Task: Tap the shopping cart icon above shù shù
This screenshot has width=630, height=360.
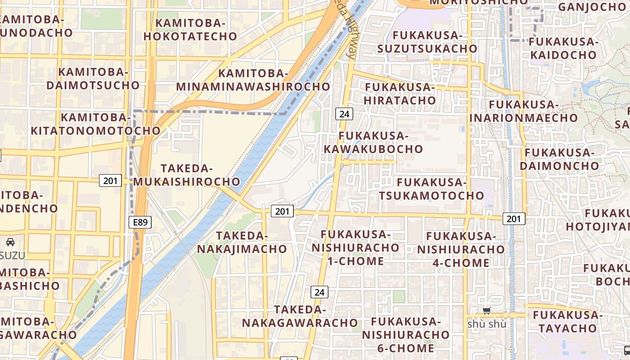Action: coord(486,310)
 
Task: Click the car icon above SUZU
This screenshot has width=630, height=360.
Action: coord(10,242)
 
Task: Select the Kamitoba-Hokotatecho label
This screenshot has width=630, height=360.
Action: coord(190,30)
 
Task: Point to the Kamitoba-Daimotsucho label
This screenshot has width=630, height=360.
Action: coord(93,78)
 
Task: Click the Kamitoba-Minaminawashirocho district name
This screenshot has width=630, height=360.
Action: coord(253,80)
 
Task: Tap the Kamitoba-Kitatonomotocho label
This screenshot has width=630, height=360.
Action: coord(95,124)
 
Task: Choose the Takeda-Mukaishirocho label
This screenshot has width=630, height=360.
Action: coord(187,175)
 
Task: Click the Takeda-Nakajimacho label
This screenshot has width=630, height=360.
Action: coord(242,242)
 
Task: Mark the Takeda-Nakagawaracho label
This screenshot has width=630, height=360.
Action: coord(300,316)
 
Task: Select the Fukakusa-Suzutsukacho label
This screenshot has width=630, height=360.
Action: coord(427,42)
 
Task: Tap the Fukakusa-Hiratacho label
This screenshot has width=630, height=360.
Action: coord(400,94)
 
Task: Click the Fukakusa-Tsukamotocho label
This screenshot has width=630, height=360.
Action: coord(432,189)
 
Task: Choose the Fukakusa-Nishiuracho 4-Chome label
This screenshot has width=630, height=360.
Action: coord(461,249)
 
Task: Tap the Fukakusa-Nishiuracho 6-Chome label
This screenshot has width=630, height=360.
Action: coord(405,335)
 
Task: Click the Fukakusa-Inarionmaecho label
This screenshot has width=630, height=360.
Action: coord(524,111)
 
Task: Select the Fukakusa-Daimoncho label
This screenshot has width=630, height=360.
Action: coord(559,159)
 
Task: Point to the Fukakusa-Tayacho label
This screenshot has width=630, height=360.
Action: coord(568,321)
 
